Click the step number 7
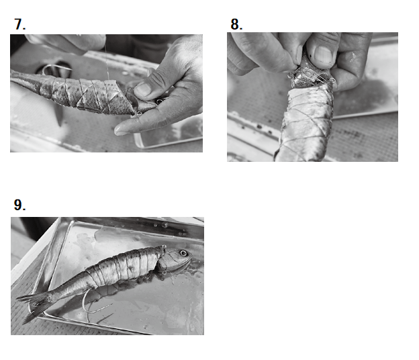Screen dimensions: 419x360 coord(19,24)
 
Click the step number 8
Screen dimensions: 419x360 coord(236,24)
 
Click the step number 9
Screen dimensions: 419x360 coord(19,205)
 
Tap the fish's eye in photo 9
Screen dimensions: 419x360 coord(183,253)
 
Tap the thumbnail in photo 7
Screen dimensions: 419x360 coord(144,89)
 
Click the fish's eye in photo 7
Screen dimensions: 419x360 coord(160,101)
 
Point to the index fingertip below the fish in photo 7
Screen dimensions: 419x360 coord(121,130)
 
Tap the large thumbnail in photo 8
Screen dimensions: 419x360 coord(324,55)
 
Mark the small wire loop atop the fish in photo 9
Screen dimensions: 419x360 coord(164,246)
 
